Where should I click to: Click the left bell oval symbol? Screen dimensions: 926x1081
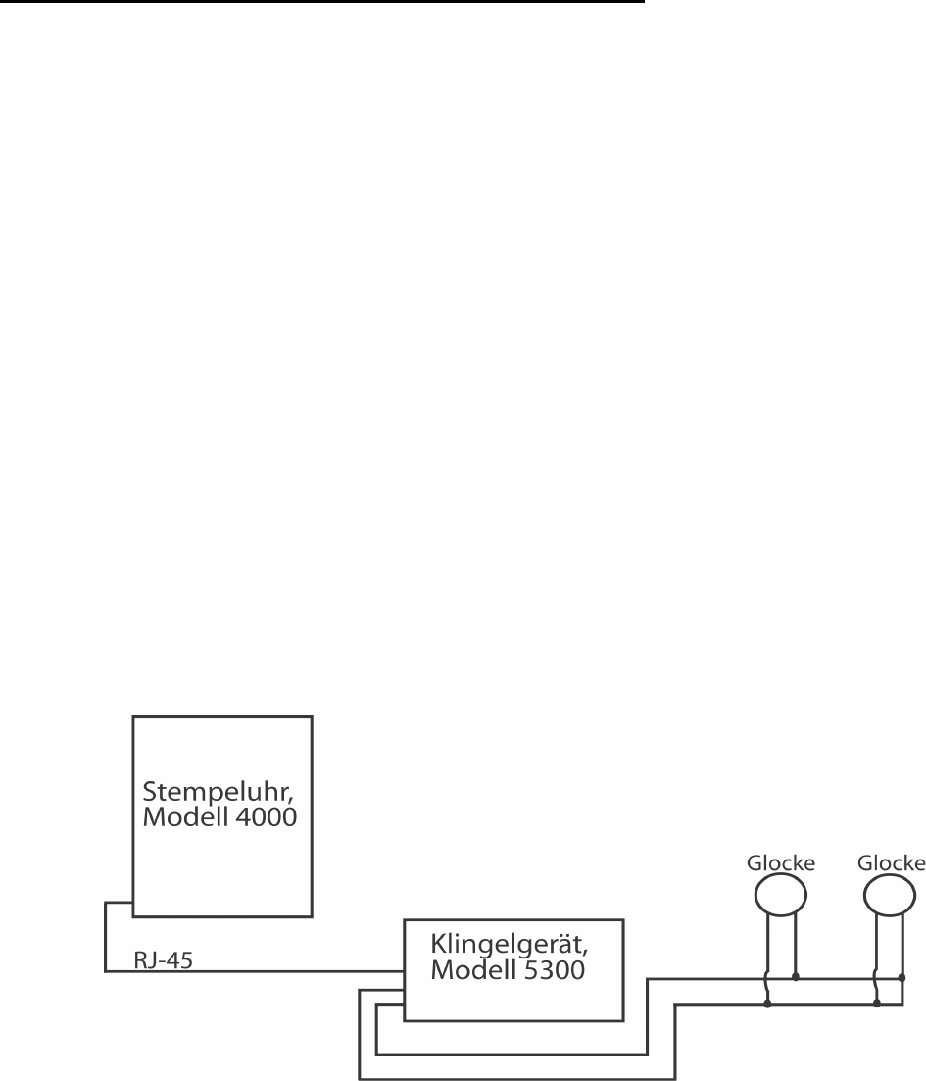780,894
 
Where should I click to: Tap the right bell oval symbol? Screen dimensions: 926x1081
891,894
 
